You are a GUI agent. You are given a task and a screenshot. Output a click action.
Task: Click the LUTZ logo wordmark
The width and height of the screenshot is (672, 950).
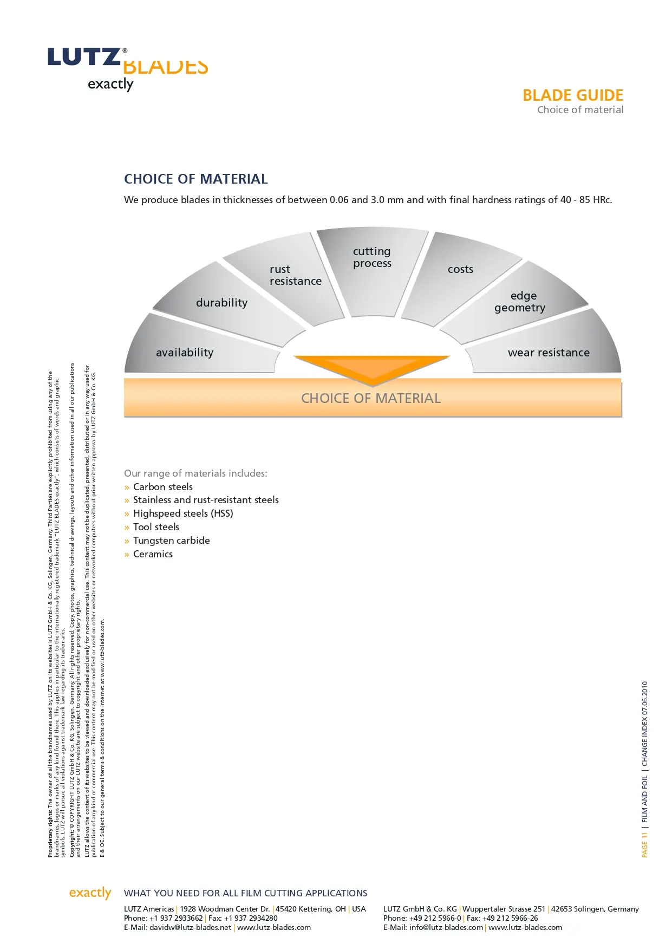(x=84, y=57)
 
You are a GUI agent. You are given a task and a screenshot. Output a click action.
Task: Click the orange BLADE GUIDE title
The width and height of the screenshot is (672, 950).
(x=572, y=95)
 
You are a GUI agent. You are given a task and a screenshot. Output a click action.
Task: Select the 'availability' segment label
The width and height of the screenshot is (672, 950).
(x=185, y=353)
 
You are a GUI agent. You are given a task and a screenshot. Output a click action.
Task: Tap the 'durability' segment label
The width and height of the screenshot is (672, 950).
(x=221, y=303)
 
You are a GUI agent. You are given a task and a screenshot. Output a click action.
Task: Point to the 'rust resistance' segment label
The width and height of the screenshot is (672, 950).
(x=295, y=275)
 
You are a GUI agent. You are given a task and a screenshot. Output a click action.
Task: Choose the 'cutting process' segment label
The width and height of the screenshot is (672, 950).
(x=372, y=257)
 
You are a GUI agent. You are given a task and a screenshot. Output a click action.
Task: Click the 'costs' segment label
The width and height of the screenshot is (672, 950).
(x=460, y=269)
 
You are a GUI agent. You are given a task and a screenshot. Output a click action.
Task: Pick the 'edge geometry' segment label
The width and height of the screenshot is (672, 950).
(x=520, y=302)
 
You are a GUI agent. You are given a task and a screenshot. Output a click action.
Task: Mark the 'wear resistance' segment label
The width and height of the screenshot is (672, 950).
(x=549, y=353)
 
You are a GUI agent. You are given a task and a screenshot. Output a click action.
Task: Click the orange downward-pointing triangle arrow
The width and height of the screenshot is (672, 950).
(x=371, y=368)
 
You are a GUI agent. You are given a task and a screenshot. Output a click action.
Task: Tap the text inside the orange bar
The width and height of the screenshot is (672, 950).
(x=371, y=399)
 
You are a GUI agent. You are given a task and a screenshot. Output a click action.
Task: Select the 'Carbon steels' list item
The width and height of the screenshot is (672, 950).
(x=162, y=487)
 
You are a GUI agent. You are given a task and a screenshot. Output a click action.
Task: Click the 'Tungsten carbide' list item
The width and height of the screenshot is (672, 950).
(x=171, y=541)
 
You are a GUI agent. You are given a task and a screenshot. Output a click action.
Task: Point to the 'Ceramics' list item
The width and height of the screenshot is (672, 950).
(x=153, y=554)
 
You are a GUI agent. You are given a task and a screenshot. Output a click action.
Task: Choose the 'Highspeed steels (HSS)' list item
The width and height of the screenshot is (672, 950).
(x=183, y=513)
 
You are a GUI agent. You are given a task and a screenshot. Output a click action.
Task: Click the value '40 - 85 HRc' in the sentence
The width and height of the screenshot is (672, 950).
(x=586, y=200)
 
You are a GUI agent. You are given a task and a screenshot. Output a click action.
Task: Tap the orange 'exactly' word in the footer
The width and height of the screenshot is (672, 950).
(x=90, y=893)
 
